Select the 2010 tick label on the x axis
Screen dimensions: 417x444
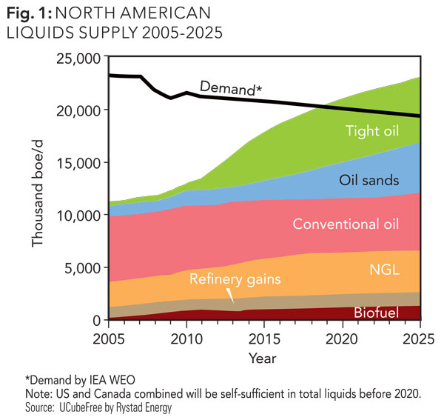pos(186,338)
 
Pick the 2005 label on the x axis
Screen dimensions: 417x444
pos(108,338)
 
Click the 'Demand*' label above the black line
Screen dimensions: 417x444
pos(231,88)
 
